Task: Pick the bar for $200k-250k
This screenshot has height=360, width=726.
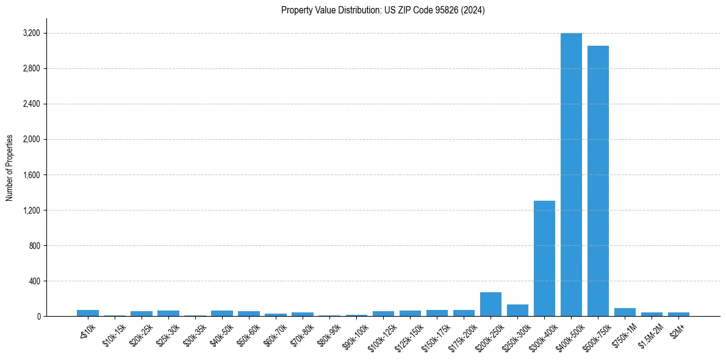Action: (491, 304)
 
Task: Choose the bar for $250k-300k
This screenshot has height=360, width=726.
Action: (517, 310)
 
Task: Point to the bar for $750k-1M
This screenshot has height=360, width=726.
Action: (625, 312)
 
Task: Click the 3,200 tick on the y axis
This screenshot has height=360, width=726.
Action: (31, 33)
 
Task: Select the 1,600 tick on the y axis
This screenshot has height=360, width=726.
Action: (31, 175)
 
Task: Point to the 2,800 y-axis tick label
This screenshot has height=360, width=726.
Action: (31, 68)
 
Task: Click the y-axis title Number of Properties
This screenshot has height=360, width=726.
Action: (10, 168)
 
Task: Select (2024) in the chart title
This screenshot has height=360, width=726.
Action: (474, 10)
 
